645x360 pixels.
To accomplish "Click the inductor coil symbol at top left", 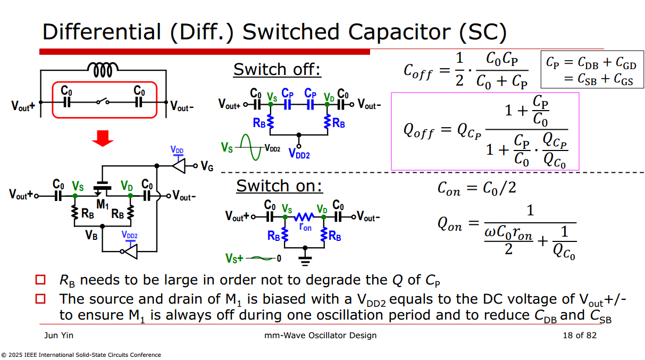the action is coord(103,70).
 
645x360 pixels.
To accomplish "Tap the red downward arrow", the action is coord(103,138).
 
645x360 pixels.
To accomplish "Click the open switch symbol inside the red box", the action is coord(103,102).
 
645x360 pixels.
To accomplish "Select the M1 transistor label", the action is coord(103,205).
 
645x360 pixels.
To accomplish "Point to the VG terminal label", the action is coord(207,166).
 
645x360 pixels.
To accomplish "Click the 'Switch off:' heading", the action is coord(277,70).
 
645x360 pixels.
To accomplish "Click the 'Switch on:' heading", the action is coord(279,186).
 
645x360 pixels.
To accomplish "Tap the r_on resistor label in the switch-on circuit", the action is coord(305,227).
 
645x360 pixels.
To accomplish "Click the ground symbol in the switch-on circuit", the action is coord(305,261).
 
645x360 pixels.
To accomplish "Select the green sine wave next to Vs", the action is coord(250,147).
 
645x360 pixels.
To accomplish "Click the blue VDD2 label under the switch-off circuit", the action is coord(299,154).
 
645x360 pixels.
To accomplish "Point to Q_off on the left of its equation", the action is coord(418,131).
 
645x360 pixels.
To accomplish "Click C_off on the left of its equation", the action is coord(418,71).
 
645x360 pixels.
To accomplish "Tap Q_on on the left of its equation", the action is coord(450,224).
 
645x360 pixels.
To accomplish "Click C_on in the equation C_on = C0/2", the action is coord(449,189).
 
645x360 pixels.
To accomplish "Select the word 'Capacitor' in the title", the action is coord(399,32).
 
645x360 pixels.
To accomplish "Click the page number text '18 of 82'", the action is coord(580,336).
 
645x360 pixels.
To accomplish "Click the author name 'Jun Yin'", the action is coord(58,336).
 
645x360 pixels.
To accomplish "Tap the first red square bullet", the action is coord(40,280).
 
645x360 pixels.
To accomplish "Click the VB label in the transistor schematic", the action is coord(91,235).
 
